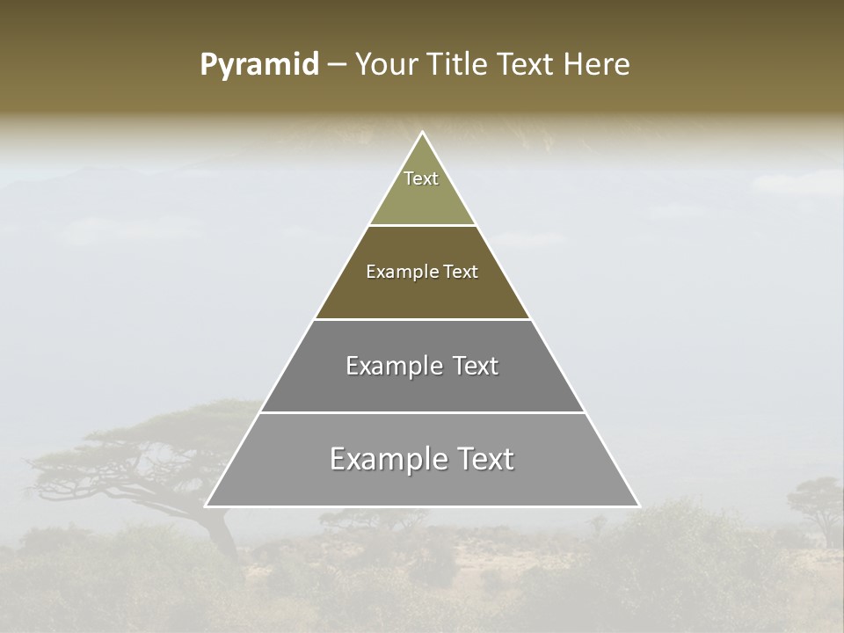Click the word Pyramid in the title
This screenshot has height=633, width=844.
pyautogui.click(x=259, y=65)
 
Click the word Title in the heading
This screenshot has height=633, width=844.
pyautogui.click(x=455, y=65)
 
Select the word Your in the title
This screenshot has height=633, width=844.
pyautogui.click(x=385, y=65)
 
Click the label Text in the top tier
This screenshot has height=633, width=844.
pyautogui.click(x=421, y=178)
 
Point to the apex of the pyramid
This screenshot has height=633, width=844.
pyautogui.click(x=422, y=133)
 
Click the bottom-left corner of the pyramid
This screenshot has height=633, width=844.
pyautogui.click(x=207, y=506)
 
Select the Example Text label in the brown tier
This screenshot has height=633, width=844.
pyautogui.click(x=422, y=272)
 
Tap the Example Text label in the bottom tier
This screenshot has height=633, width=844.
pyautogui.click(x=422, y=459)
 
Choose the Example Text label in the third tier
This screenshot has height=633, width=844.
pyautogui.click(x=422, y=366)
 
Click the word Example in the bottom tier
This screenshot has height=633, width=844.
pyautogui.click(x=385, y=459)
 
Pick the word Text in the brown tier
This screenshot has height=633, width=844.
pyautogui.click(x=461, y=272)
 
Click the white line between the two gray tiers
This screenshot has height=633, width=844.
pyautogui.click(x=422, y=412)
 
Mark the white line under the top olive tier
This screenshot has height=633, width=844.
pyautogui.click(x=422, y=225)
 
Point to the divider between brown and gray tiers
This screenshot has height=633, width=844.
pyautogui.click(x=422, y=319)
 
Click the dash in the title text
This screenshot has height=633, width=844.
pyautogui.click(x=336, y=66)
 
